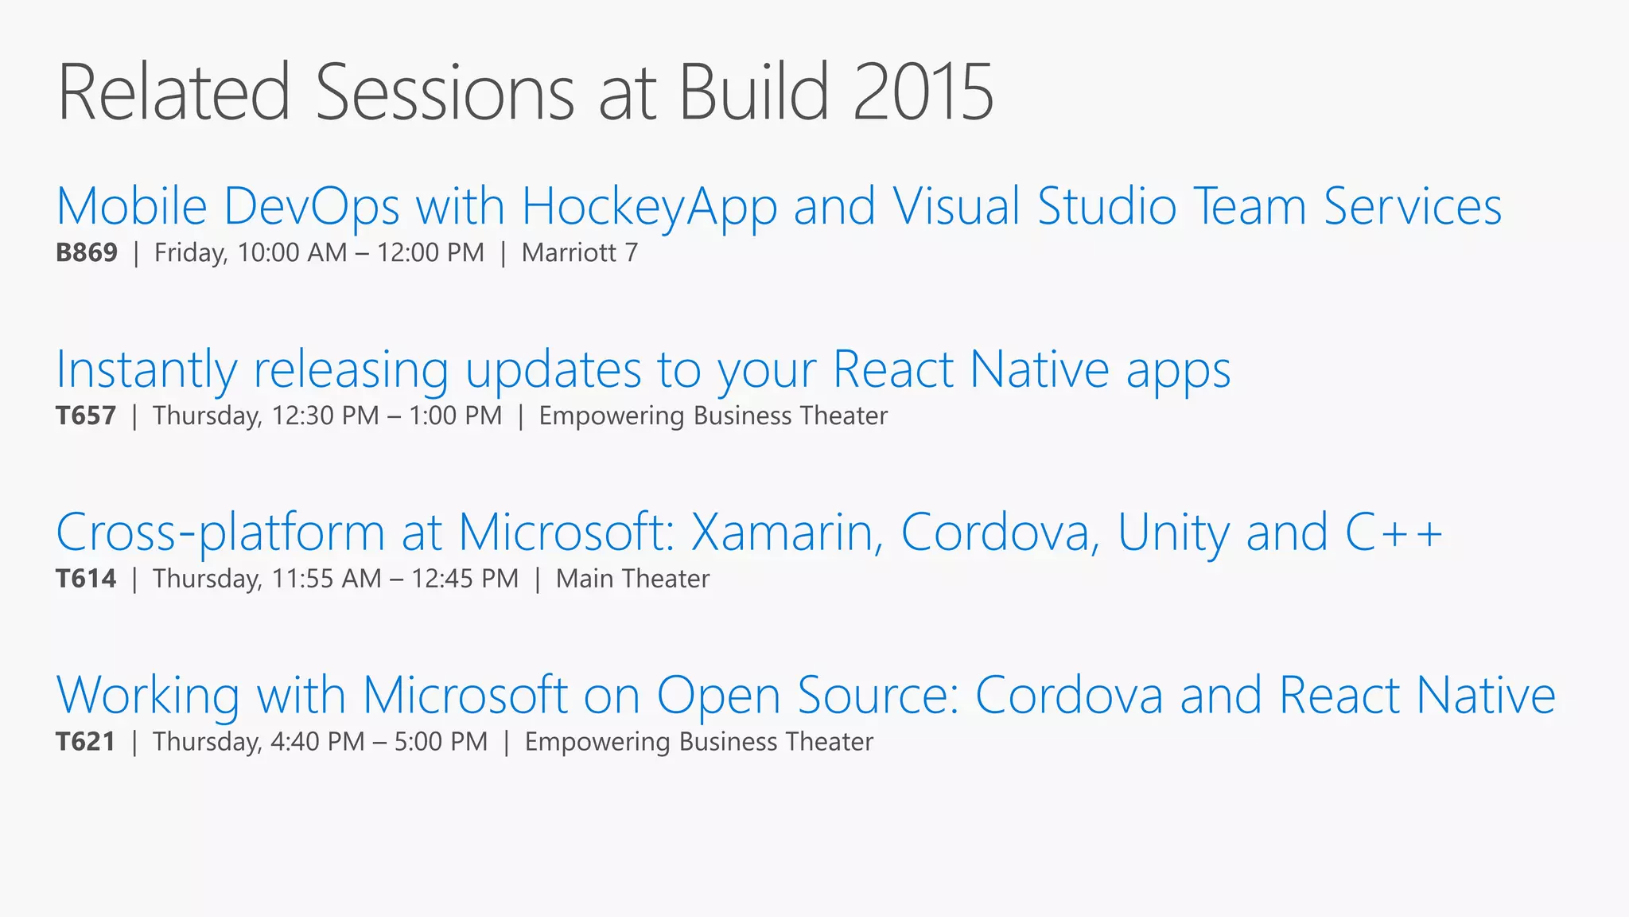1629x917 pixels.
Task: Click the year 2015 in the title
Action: point(923,93)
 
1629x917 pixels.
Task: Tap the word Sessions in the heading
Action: point(445,93)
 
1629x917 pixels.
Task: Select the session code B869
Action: point(87,253)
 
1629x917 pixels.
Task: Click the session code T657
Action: point(86,416)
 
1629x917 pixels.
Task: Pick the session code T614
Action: point(86,579)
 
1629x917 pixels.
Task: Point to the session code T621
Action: point(86,742)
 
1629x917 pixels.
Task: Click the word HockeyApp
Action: point(649,207)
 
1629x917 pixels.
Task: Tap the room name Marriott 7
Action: point(580,253)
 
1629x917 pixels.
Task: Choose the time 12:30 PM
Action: point(325,416)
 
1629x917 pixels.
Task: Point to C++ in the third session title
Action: point(1394,533)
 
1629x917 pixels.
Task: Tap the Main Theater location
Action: point(632,579)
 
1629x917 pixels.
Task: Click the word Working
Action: point(148,696)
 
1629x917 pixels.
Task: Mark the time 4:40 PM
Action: point(317,742)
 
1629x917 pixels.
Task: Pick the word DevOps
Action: point(311,207)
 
